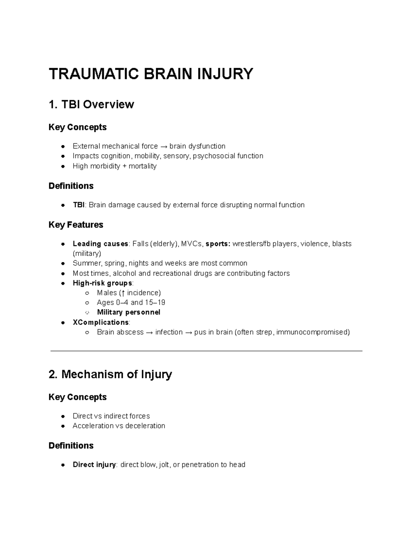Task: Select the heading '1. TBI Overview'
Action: click(x=91, y=104)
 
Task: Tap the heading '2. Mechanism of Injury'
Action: click(x=110, y=374)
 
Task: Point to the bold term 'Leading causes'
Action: click(x=100, y=244)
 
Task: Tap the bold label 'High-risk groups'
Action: click(x=102, y=283)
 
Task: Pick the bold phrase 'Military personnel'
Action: click(x=128, y=312)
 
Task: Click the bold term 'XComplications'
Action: click(x=100, y=322)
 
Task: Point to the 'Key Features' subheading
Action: click(x=76, y=225)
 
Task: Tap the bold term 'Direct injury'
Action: click(x=94, y=465)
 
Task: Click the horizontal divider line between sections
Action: click(x=206, y=351)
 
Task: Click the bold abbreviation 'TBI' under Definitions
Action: click(x=78, y=205)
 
